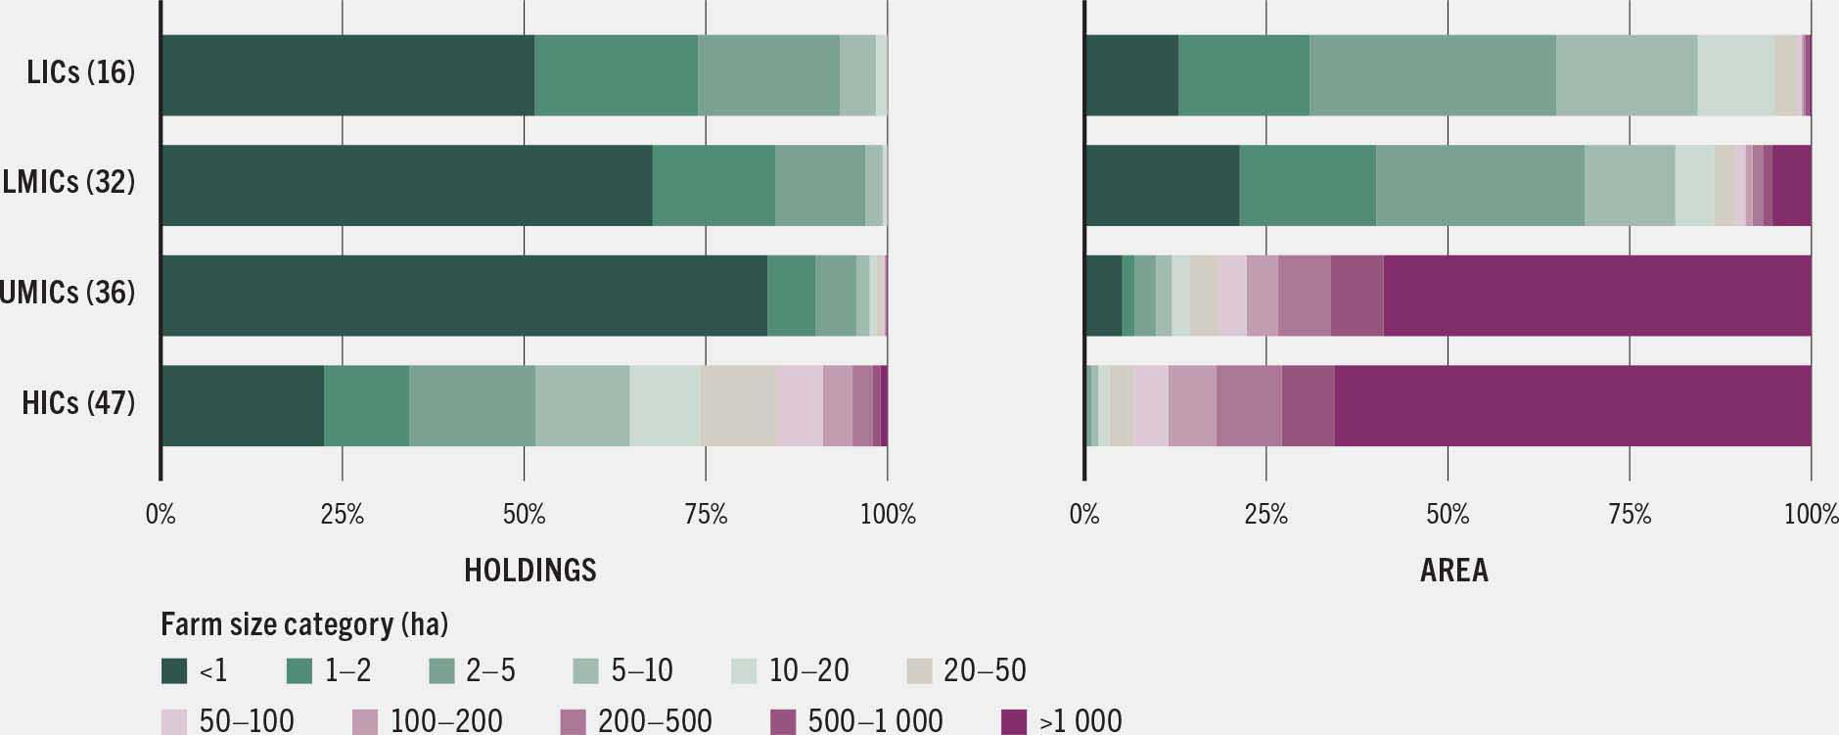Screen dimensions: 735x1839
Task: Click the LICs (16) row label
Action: click(x=81, y=72)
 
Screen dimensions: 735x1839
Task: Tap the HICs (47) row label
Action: click(x=78, y=402)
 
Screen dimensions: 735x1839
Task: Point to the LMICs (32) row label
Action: click(x=69, y=182)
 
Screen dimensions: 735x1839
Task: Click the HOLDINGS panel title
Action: click(x=529, y=570)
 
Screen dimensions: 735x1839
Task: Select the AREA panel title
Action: click(x=1453, y=570)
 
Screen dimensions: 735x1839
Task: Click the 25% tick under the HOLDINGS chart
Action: click(x=343, y=514)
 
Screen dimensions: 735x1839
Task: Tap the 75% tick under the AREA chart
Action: click(x=1630, y=514)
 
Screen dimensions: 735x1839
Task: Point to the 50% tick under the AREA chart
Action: click(x=1448, y=514)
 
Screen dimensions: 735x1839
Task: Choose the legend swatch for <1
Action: click(x=174, y=670)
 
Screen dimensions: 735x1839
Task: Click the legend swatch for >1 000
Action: click(x=1015, y=721)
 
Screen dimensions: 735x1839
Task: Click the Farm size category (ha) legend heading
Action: click(x=303, y=624)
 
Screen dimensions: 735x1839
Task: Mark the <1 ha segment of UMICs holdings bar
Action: click(x=464, y=296)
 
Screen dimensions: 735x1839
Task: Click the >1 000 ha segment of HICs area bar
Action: click(x=1572, y=406)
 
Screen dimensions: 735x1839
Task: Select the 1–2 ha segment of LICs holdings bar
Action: click(x=616, y=75)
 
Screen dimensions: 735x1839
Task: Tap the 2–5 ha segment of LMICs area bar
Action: click(x=1479, y=186)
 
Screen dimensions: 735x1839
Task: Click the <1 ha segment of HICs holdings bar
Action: click(x=243, y=406)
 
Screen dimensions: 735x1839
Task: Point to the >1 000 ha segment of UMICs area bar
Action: click(x=1596, y=296)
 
